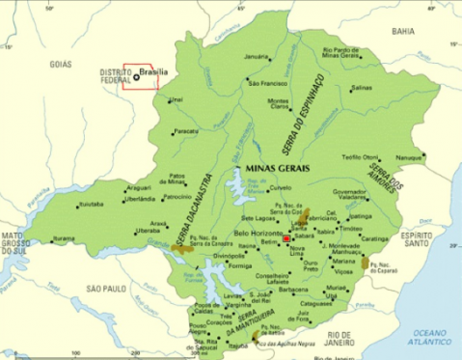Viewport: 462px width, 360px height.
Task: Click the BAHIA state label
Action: pos(403,31)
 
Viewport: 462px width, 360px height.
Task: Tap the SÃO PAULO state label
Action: pos(106,289)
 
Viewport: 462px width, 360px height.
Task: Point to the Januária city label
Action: pos(257,57)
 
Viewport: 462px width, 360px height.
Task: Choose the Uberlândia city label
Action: pos(139,199)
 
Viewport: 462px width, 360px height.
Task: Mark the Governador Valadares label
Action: pos(350,195)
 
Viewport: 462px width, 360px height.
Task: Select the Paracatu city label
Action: pos(186,131)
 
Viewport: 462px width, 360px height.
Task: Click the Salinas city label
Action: pos(361,88)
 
